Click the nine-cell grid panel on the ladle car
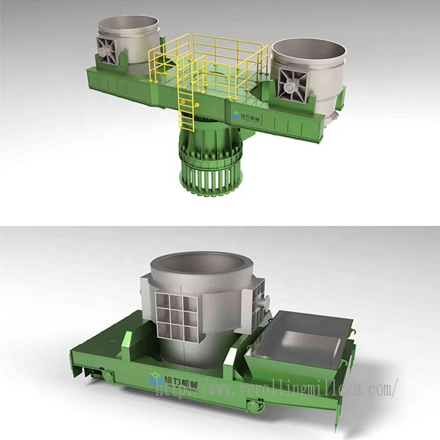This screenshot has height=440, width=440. coord(175,317)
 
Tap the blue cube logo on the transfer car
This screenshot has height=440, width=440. coord(156,379)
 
